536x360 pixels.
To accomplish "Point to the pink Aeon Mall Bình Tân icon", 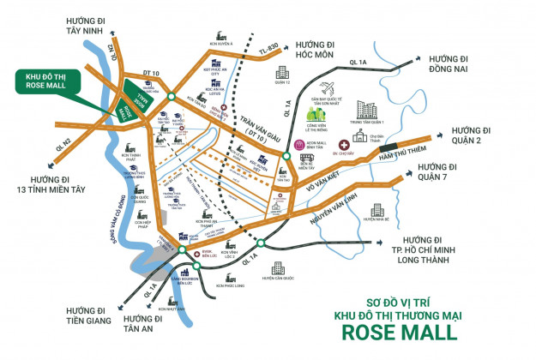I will pyautogui.click(x=300, y=146).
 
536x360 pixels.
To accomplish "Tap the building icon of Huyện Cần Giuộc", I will pyautogui.click(x=280, y=268).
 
